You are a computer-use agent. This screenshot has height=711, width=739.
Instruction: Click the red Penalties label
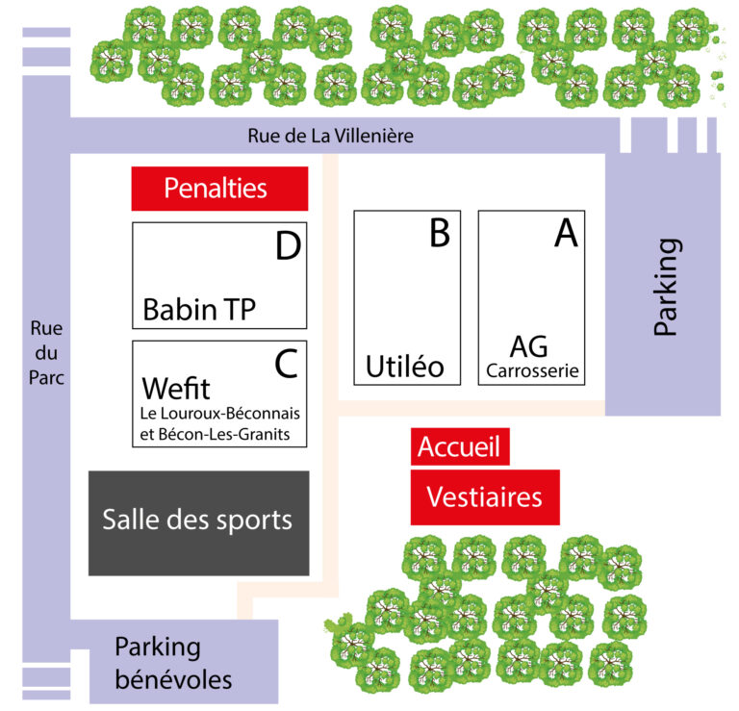pyautogui.click(x=219, y=188)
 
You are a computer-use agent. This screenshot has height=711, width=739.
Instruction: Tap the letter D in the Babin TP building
pyautogui.click(x=288, y=247)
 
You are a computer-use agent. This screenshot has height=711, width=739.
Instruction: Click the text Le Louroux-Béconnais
pyautogui.click(x=220, y=414)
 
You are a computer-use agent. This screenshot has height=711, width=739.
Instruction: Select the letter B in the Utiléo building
pyautogui.click(x=439, y=233)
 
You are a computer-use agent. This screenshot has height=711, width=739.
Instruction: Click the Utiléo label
pyautogui.click(x=404, y=367)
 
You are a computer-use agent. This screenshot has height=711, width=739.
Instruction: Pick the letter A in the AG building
pyautogui.click(x=566, y=233)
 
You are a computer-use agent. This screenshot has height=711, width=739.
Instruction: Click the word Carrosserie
pyautogui.click(x=533, y=370)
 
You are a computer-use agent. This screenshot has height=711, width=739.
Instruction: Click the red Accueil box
pyautogui.click(x=460, y=447)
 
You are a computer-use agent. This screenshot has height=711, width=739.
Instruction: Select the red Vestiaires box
pyautogui.click(x=484, y=497)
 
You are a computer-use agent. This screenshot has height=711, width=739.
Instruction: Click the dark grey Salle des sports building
pyautogui.click(x=198, y=522)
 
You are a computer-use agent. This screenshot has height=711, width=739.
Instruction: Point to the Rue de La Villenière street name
pyautogui.click(x=330, y=136)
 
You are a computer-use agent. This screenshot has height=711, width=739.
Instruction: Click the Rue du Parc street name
pyautogui.click(x=45, y=352)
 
